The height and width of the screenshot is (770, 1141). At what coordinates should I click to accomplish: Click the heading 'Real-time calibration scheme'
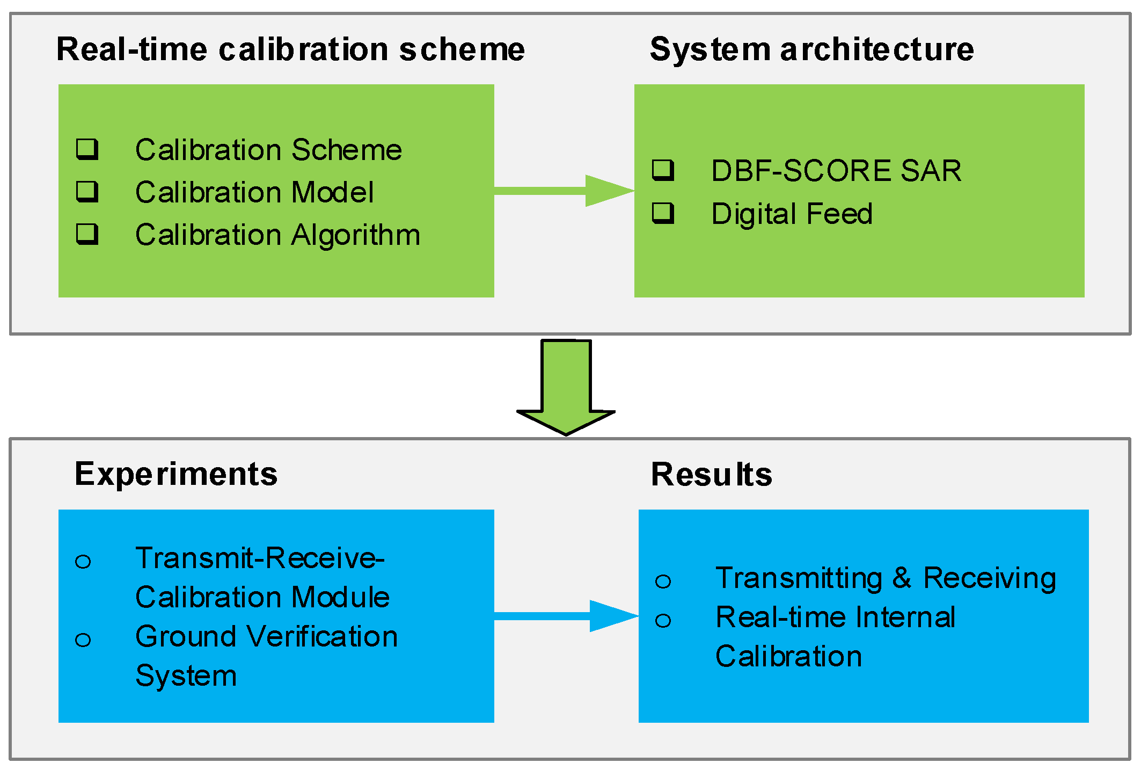pyautogui.click(x=290, y=49)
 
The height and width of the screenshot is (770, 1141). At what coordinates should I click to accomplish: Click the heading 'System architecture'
pyautogui.click(x=811, y=49)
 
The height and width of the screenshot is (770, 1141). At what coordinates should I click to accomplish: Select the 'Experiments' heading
pyautogui.click(x=176, y=474)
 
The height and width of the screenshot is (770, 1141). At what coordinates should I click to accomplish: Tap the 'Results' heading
pyautogui.click(x=711, y=475)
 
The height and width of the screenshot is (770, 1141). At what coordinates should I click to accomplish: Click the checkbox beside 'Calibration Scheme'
pyautogui.click(x=87, y=149)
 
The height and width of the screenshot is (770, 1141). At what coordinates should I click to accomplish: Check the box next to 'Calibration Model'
pyautogui.click(x=87, y=191)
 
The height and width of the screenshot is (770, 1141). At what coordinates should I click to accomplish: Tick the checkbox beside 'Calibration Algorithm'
pyautogui.click(x=87, y=234)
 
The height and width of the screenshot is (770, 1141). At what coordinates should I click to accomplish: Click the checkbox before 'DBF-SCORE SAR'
pyautogui.click(x=663, y=170)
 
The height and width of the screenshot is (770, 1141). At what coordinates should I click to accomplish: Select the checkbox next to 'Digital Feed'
pyautogui.click(x=663, y=213)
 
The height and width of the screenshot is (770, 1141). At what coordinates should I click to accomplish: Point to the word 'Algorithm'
pyautogui.click(x=355, y=236)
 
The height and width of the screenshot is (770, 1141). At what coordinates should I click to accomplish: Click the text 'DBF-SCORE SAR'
pyautogui.click(x=836, y=171)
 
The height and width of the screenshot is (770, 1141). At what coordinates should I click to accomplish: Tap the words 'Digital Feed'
pyautogui.click(x=792, y=214)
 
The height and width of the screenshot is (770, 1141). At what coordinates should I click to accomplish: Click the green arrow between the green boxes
pyautogui.click(x=564, y=191)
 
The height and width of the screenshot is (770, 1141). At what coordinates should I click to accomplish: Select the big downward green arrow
pyautogui.click(x=566, y=387)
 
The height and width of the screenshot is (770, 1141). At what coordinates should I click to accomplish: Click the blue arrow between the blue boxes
pyautogui.click(x=566, y=616)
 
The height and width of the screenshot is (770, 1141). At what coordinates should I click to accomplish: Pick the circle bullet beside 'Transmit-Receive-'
pyautogui.click(x=83, y=562)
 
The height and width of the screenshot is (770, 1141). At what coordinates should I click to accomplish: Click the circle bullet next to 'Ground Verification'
pyautogui.click(x=83, y=640)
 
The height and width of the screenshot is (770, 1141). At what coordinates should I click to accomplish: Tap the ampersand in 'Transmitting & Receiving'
pyautogui.click(x=902, y=578)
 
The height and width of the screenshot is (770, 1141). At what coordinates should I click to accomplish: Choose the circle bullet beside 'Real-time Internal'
pyautogui.click(x=663, y=621)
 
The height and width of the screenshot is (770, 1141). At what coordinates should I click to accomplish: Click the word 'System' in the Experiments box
pyautogui.click(x=186, y=675)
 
